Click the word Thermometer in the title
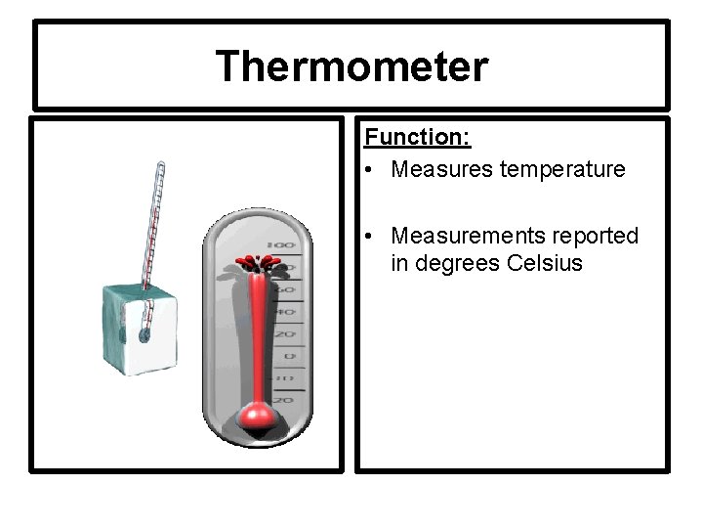351,66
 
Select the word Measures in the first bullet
435,170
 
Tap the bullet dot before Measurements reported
374,237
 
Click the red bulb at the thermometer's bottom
257,418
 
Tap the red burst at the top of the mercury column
257,263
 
